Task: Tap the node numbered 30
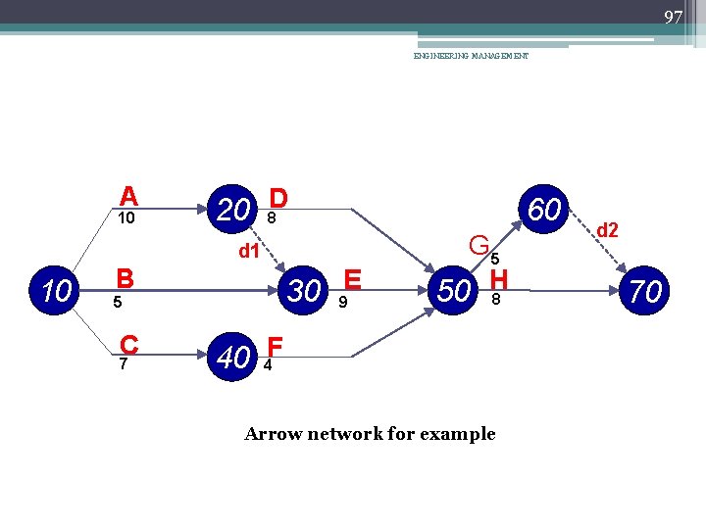click(304, 290)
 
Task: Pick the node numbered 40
click(232, 358)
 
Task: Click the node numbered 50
click(453, 291)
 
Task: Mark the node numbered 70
click(645, 291)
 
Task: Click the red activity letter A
click(128, 196)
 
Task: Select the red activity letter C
click(128, 346)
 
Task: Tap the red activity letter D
click(278, 199)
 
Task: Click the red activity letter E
click(353, 280)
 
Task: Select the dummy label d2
click(608, 230)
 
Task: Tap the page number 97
click(673, 18)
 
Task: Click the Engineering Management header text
click(471, 57)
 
